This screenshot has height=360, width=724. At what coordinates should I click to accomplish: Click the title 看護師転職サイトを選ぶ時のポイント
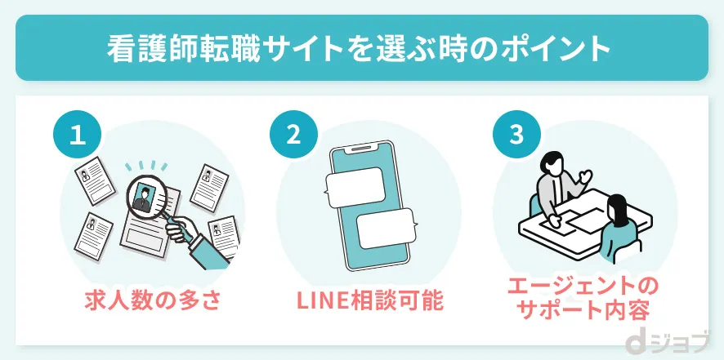(x=361, y=48)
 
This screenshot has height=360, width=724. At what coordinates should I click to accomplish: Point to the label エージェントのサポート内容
(x=582, y=298)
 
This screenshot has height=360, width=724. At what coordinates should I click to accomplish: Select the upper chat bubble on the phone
(x=355, y=185)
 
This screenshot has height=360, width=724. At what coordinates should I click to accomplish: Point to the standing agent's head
(x=553, y=162)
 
